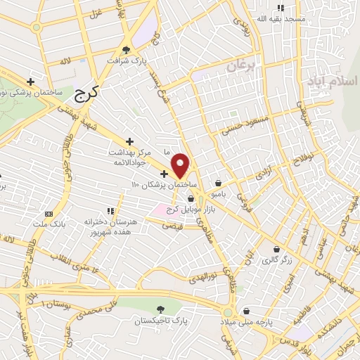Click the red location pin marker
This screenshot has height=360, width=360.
point(181,165)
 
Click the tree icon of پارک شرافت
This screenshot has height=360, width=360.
point(127,50)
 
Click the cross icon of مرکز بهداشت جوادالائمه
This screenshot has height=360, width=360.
point(129,141)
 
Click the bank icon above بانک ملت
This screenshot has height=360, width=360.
point(48,214)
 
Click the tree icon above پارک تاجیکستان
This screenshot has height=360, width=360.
point(161,309)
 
